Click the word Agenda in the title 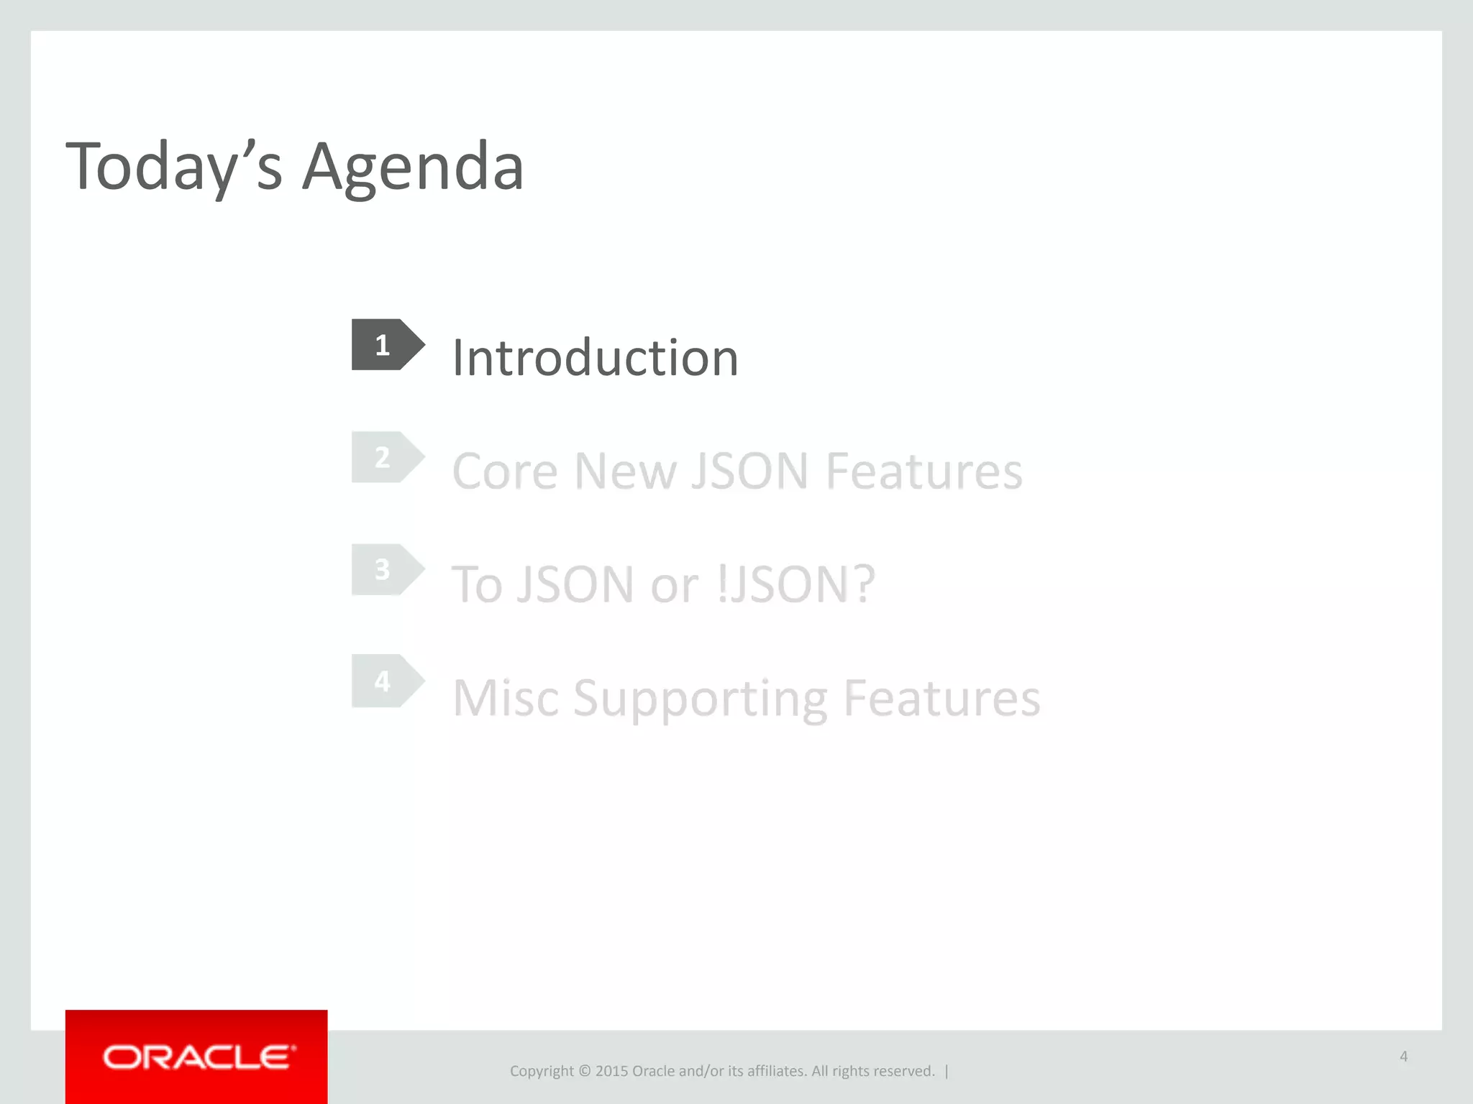[x=413, y=167]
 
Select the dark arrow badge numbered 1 [x=386, y=345]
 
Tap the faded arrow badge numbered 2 [x=386, y=457]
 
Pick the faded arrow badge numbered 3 [x=386, y=569]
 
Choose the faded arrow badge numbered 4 [x=386, y=681]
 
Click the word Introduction [x=595, y=357]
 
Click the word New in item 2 [x=625, y=471]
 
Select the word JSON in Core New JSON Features [x=749, y=471]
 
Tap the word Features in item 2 [x=924, y=471]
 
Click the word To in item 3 [x=476, y=584]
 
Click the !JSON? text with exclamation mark [x=796, y=584]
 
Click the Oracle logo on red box [x=197, y=1057]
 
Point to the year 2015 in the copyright [x=611, y=1071]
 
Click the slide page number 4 [x=1403, y=1057]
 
